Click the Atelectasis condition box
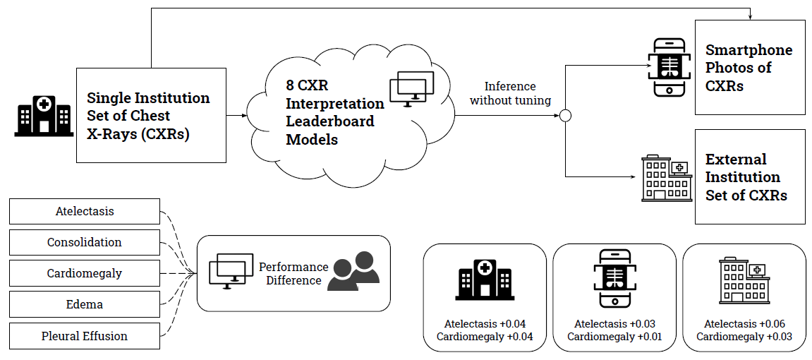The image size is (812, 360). [85, 211]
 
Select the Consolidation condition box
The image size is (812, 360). [85, 242]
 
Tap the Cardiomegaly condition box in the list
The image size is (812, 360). [85, 273]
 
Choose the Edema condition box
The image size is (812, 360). [85, 304]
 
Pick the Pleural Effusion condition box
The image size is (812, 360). [85, 335]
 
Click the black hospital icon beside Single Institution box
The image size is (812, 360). [44, 116]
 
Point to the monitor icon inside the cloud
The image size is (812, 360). [411, 89]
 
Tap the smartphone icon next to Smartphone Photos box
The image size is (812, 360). [667, 67]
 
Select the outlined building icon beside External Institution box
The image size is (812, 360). [666, 178]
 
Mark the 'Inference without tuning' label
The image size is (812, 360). [510, 93]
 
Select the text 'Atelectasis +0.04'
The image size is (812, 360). [485, 324]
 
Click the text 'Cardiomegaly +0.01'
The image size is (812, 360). [614, 337]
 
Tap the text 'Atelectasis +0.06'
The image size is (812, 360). [744, 324]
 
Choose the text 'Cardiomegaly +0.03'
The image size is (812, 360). [744, 337]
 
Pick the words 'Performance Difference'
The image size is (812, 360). [293, 273]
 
